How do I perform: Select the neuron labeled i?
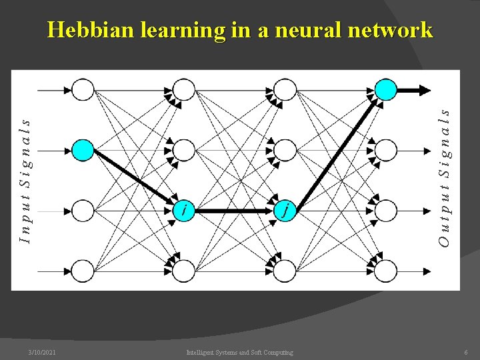click(184, 210)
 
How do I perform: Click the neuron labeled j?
click(285, 210)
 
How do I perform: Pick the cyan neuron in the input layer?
click(83, 150)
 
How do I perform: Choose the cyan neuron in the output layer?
click(385, 89)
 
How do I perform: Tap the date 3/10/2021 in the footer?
click(42, 352)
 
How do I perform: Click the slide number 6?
click(466, 352)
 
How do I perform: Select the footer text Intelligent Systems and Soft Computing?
click(239, 352)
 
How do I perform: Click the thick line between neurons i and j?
click(235, 211)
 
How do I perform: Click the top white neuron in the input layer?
click(83, 89)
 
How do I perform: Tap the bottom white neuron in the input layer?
click(83, 271)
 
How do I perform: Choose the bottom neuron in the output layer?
click(385, 271)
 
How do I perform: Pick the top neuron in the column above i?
click(184, 89)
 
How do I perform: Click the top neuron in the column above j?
click(285, 89)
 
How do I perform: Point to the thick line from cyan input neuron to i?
click(133, 175)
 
